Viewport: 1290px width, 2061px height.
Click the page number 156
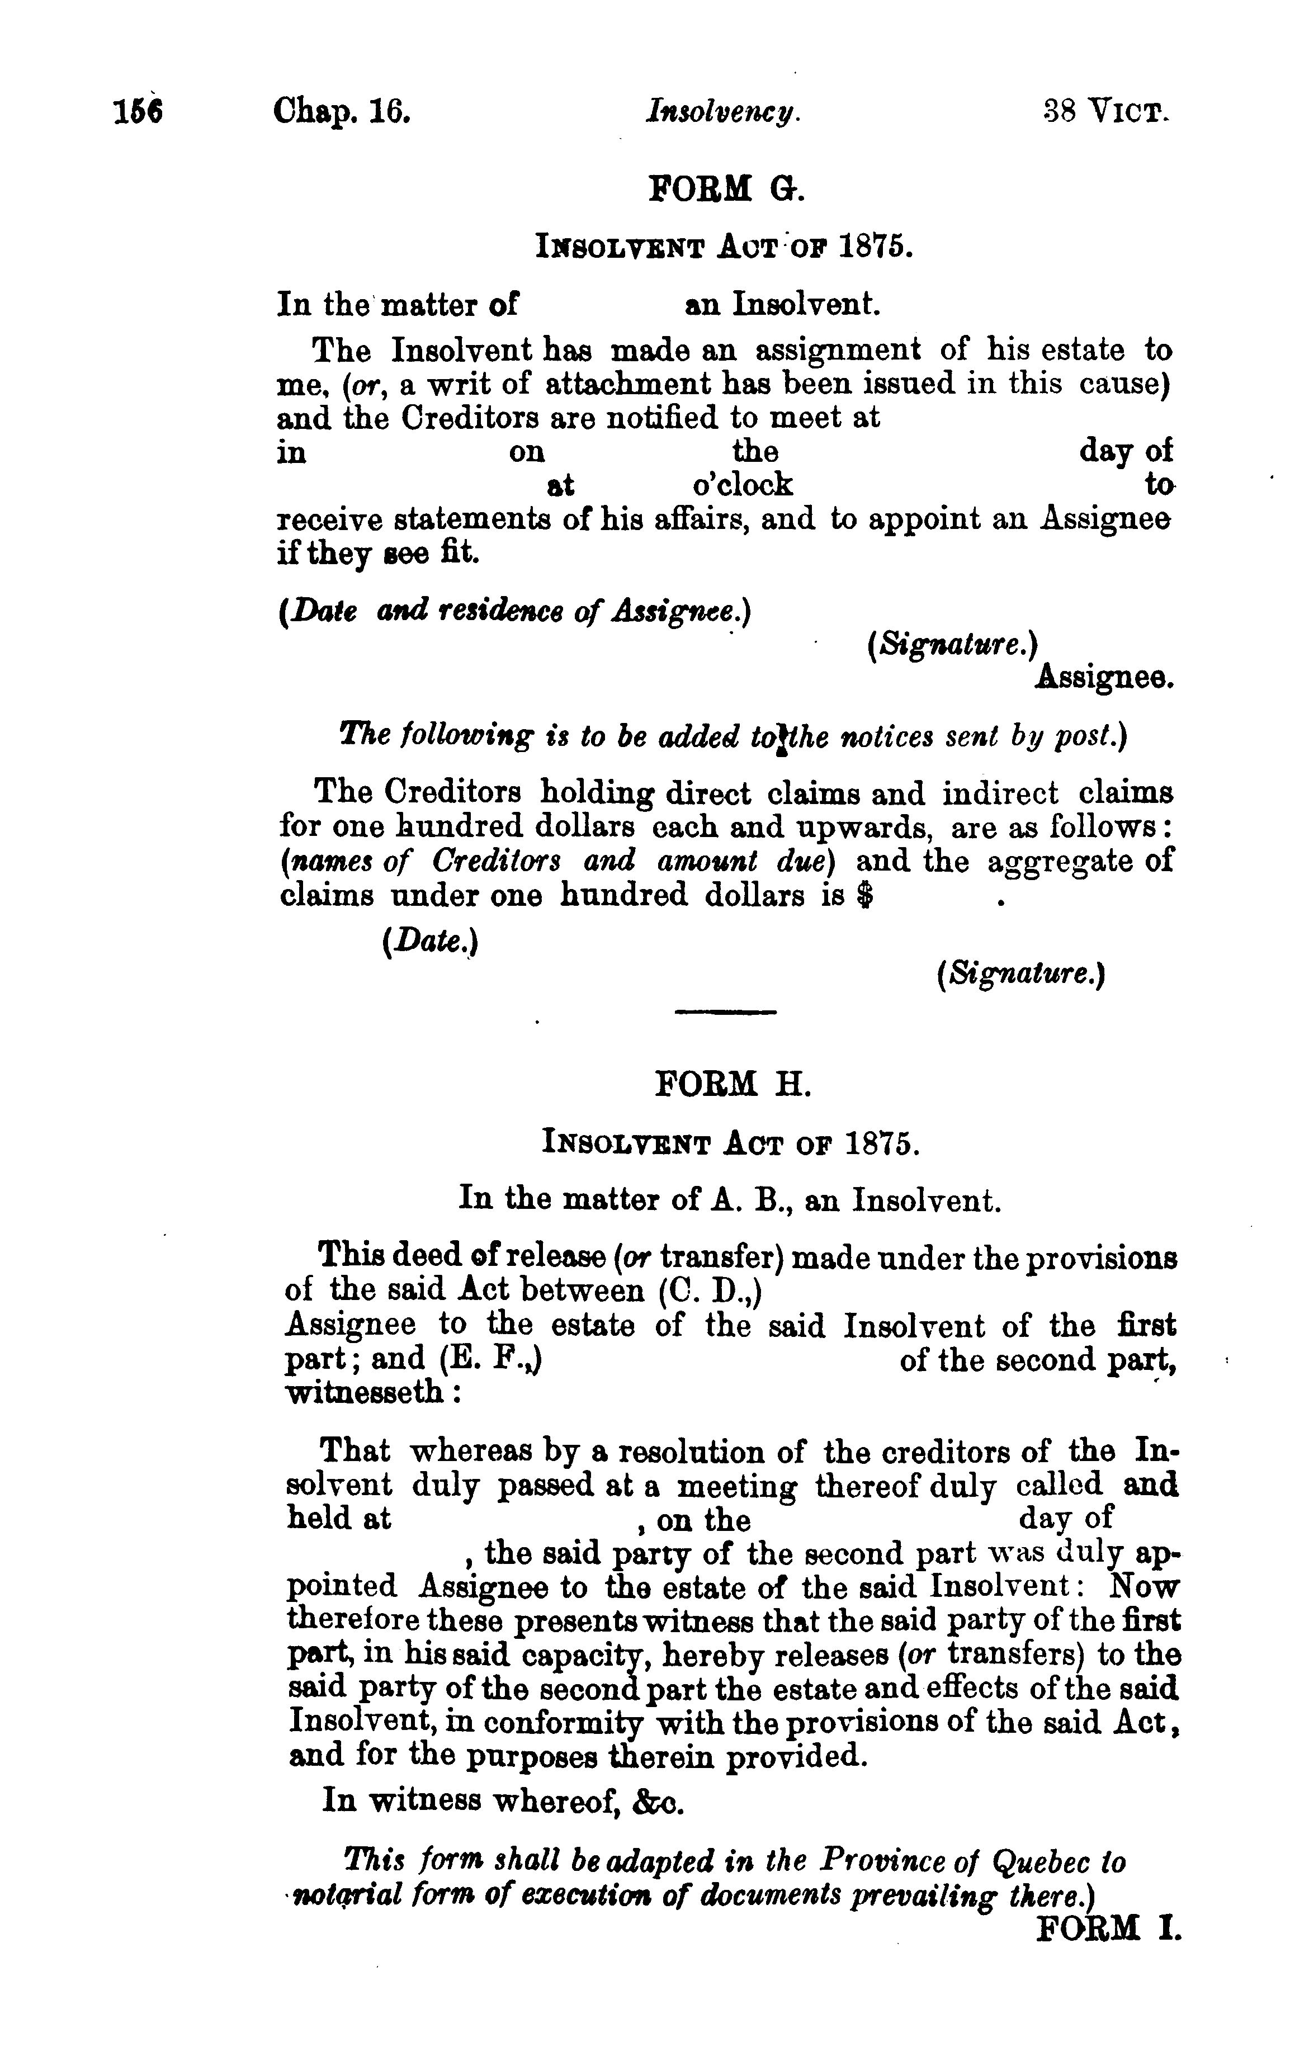[138, 112]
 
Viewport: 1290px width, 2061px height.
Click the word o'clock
[742, 485]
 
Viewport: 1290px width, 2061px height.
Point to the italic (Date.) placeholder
[431, 941]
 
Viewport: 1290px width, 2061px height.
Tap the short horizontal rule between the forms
[725, 1013]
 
